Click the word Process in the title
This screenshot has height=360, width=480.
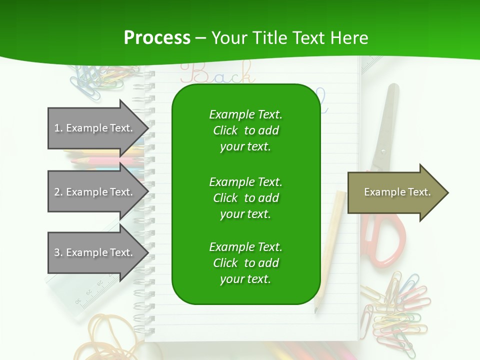[157, 38]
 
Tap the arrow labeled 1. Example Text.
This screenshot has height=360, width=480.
[95, 128]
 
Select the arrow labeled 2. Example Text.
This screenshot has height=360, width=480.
[95, 192]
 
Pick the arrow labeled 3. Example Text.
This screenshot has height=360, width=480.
[95, 252]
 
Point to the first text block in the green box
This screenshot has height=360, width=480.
[245, 130]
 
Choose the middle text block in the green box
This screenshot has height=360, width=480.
[245, 198]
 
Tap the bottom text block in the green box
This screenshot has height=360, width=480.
[245, 263]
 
